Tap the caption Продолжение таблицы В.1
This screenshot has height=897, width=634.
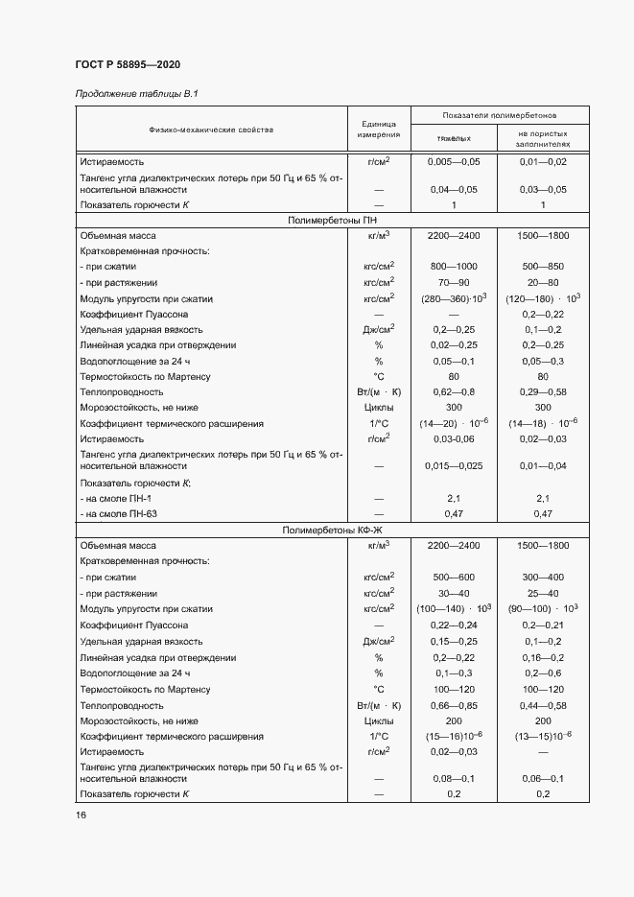[x=136, y=93]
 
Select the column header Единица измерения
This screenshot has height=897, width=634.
[x=378, y=129]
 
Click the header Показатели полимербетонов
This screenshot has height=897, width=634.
[x=499, y=114]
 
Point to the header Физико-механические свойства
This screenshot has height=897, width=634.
[x=211, y=129]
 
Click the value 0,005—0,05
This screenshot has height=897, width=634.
[x=454, y=162]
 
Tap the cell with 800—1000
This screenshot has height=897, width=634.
[x=454, y=265]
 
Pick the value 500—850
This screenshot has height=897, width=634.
[x=543, y=265]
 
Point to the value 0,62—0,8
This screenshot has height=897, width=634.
[x=454, y=392]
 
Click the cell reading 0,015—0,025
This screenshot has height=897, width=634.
[x=454, y=466]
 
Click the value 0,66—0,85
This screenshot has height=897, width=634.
[x=454, y=705]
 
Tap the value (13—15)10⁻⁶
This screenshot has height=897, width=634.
[x=543, y=736]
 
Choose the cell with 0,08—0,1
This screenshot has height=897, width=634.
[x=454, y=779]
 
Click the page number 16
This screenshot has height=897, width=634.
[x=82, y=814]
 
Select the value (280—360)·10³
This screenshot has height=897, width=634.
[x=455, y=298]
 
